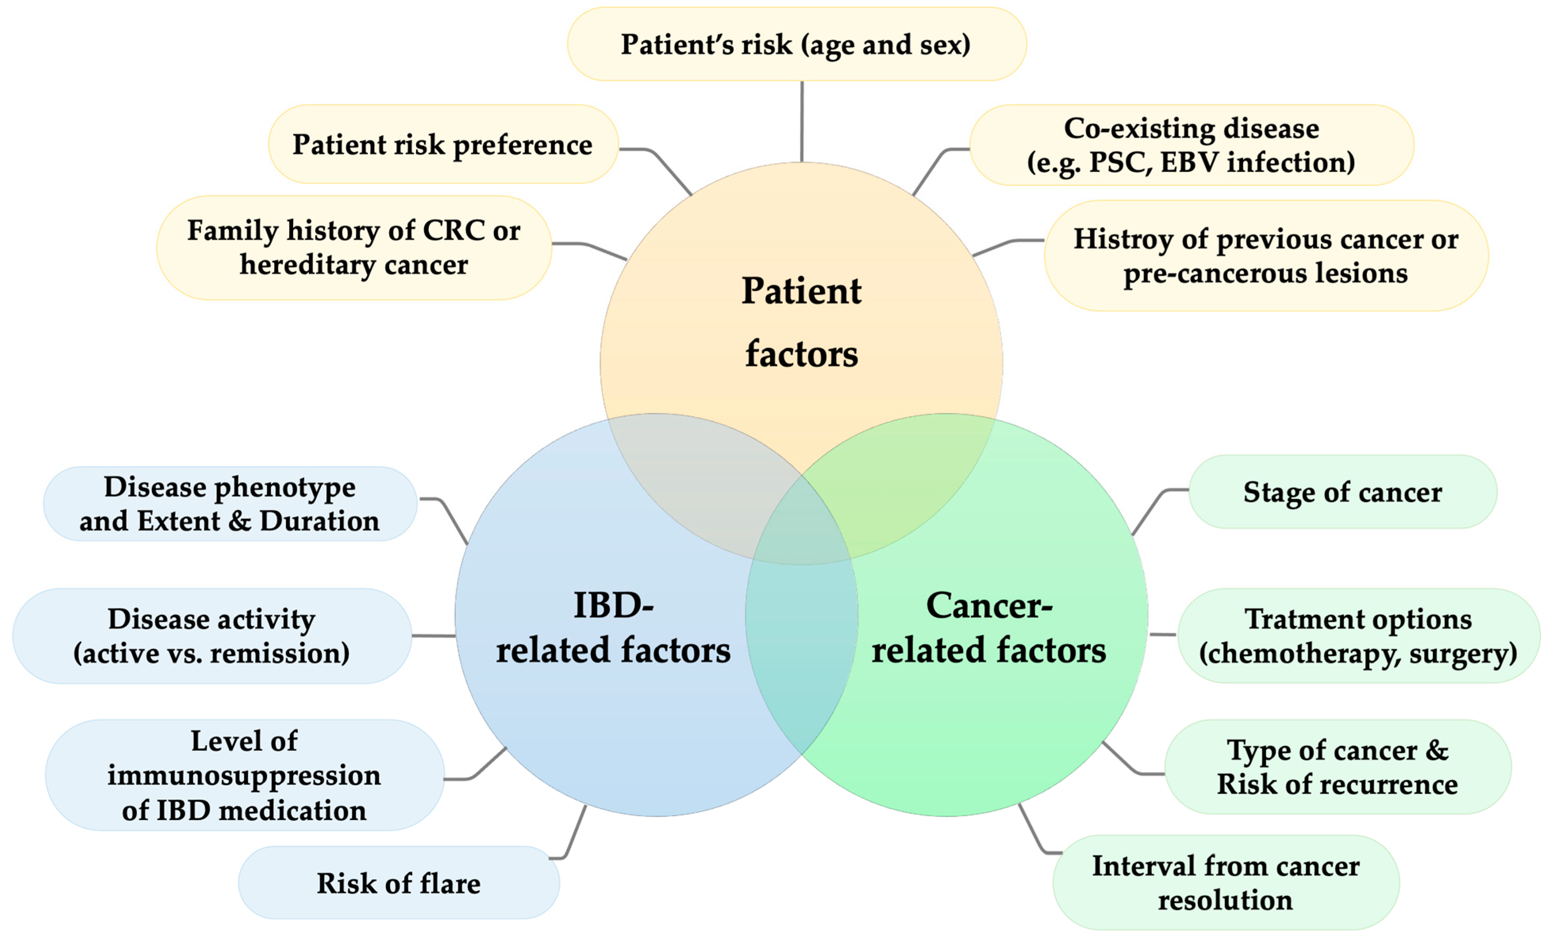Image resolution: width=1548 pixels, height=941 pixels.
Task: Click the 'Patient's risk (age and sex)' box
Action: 796,44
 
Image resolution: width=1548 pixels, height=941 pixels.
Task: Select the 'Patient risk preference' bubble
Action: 442,145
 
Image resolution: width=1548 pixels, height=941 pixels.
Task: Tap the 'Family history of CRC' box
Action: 354,247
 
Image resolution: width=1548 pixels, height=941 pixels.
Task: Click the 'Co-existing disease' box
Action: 1191,145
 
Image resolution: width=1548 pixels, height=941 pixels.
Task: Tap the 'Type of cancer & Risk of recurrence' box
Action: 1337,767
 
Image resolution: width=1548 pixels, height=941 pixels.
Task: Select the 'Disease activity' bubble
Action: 212,636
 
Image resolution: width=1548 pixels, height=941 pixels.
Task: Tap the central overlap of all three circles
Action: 802,528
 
